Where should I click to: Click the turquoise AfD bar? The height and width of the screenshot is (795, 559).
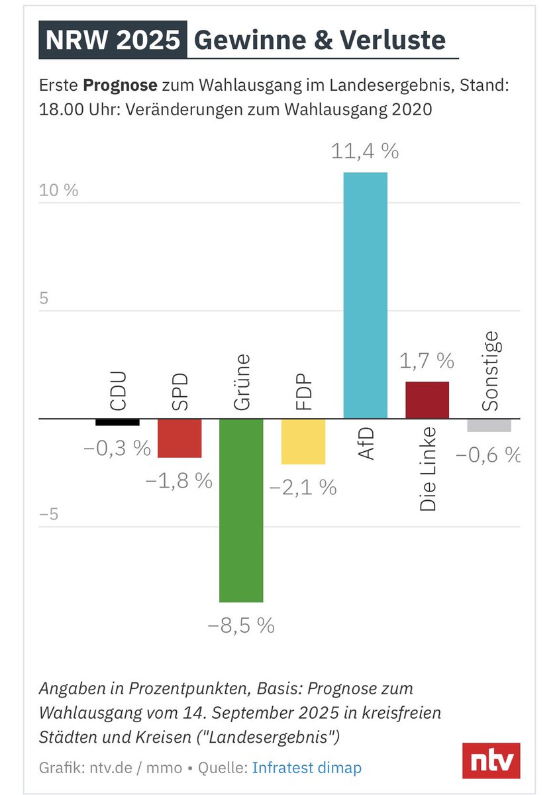365,295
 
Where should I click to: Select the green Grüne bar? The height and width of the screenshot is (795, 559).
241,510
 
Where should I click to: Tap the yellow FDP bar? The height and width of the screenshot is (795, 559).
303,442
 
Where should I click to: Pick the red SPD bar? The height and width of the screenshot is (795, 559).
179,438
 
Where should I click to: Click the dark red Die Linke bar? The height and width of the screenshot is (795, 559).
427,400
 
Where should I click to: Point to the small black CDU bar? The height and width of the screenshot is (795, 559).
117,422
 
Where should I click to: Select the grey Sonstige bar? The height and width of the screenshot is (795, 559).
489,425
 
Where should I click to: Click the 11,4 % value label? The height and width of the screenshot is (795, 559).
365,152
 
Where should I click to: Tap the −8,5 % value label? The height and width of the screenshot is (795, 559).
241,625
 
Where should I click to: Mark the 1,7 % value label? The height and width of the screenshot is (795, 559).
427,361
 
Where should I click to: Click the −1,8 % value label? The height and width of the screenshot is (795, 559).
179,480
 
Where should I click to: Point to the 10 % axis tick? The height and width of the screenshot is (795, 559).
58,190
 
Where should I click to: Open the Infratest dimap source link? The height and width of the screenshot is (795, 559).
307,768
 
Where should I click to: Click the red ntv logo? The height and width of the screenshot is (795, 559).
491,761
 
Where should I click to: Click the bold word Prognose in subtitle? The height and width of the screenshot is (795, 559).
120,86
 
